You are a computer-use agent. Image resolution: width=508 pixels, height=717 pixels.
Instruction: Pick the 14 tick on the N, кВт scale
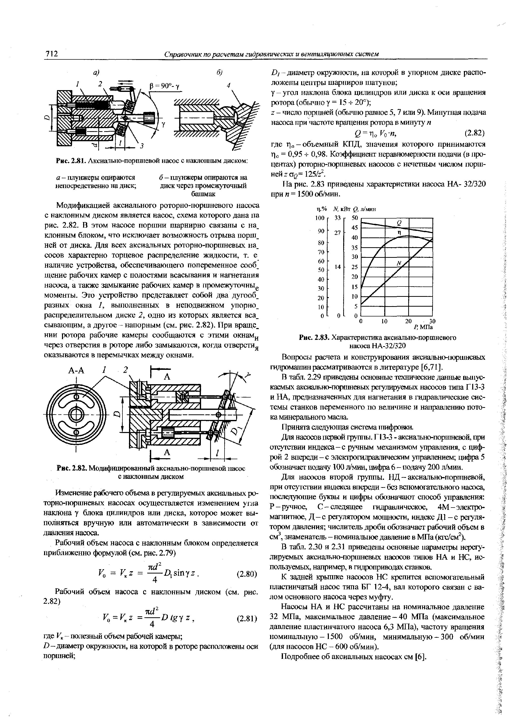point(337,267)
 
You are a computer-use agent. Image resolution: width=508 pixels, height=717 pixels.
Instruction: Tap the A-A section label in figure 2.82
point(76,371)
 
